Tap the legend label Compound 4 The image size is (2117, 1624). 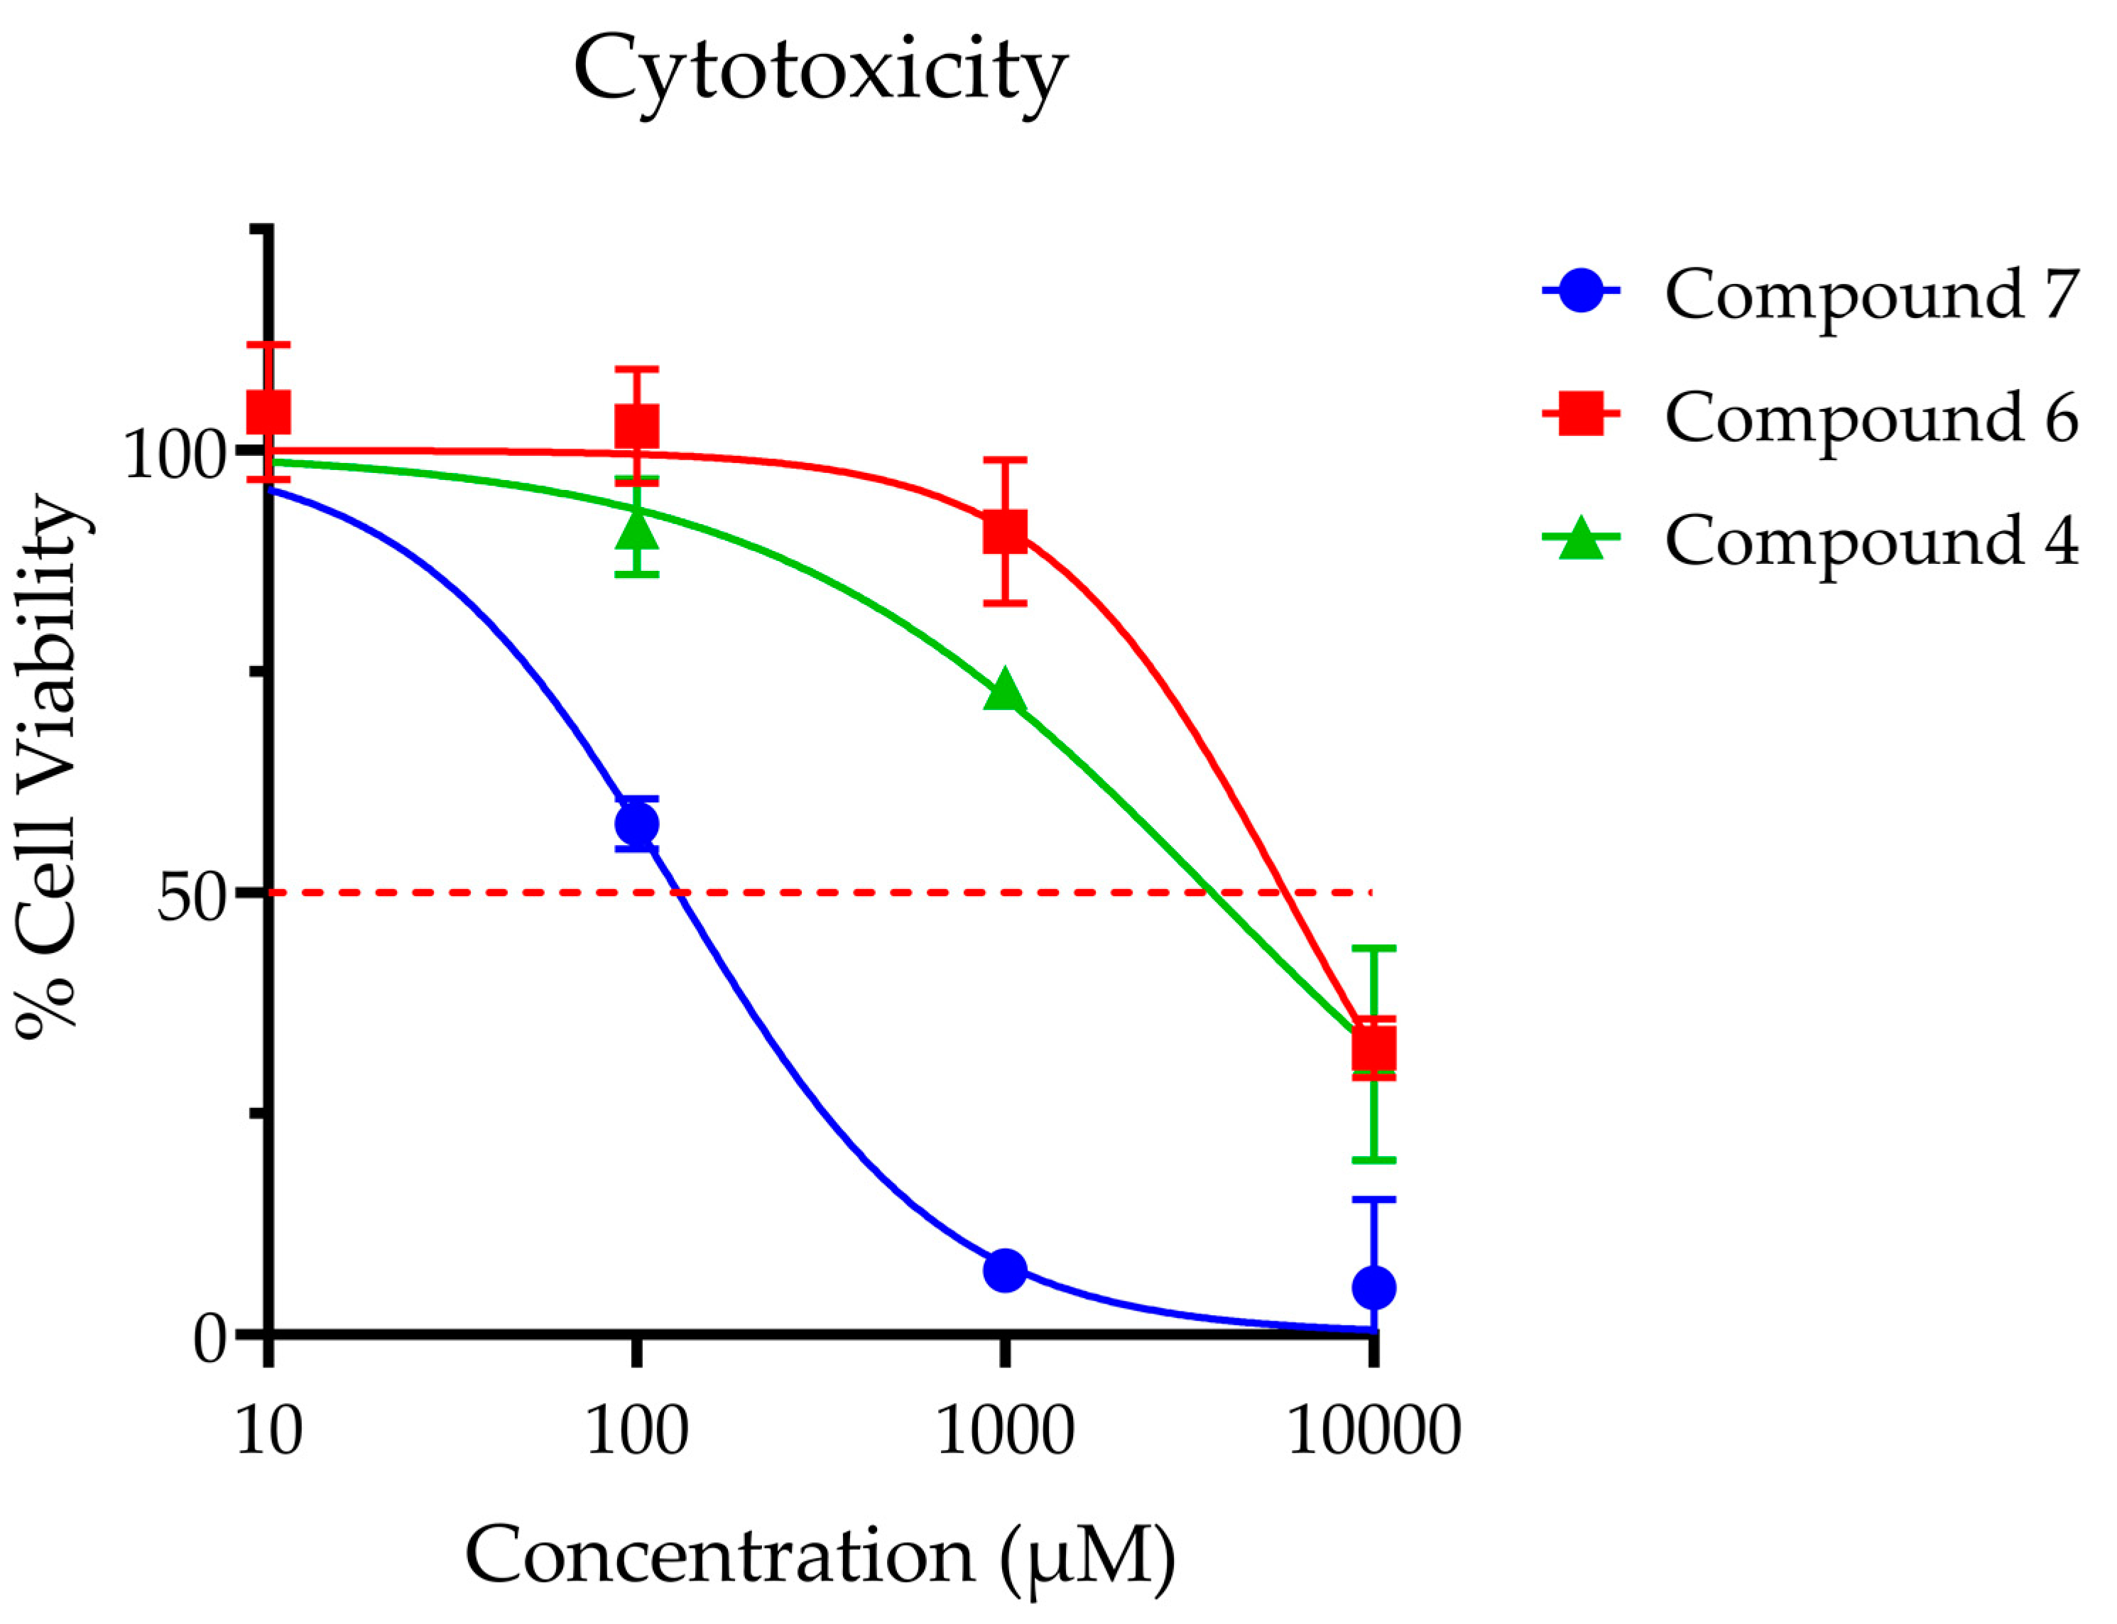1871,540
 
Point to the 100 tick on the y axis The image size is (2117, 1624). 174,452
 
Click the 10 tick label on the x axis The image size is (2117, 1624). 268,1432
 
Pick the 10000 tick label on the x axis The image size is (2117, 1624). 1373,1432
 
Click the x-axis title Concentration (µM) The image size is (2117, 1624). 820,1557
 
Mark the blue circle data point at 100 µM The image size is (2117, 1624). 636,824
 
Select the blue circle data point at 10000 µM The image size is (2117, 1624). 1373,1287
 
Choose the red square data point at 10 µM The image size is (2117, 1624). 268,412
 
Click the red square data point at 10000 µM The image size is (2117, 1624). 1373,1049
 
